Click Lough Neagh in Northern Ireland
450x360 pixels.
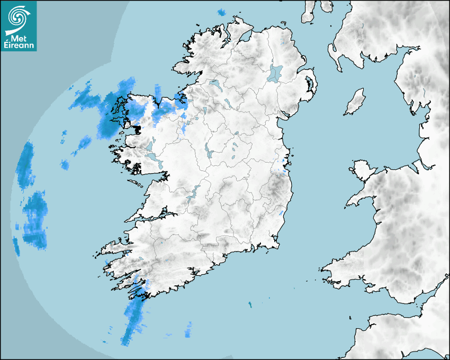(x=276, y=73)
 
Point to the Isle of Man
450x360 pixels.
(x=355, y=102)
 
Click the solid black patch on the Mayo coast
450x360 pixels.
(x=137, y=128)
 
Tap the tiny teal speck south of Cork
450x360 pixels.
(x=250, y=304)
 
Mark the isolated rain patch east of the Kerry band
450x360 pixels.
(x=188, y=329)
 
